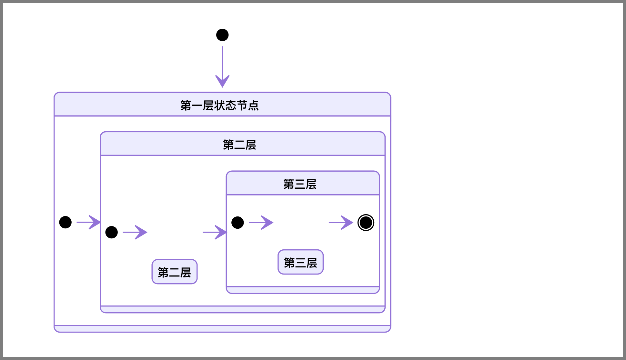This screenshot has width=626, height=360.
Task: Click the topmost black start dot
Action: (222, 35)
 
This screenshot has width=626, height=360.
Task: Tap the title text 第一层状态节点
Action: (219, 105)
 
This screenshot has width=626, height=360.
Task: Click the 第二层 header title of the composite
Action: (239, 145)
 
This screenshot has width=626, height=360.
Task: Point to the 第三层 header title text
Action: (300, 184)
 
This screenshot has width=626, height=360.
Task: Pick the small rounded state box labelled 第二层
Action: (175, 272)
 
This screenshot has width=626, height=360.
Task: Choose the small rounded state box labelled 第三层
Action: (300, 262)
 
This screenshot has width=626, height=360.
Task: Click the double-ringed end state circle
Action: (366, 223)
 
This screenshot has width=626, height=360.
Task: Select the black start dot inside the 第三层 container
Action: (237, 223)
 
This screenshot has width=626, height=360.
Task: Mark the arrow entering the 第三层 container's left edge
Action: (215, 232)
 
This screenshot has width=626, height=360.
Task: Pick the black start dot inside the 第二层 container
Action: (112, 232)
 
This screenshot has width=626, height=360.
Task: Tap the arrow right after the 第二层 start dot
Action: (135, 232)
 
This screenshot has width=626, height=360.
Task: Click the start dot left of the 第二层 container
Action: (66, 222)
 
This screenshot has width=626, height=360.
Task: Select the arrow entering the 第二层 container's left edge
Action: (89, 222)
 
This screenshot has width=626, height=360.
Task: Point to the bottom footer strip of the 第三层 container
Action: (303, 290)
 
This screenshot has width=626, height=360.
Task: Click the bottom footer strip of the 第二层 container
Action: (242, 309)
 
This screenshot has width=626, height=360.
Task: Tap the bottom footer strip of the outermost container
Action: (222, 329)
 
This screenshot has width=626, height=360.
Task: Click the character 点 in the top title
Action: (254, 105)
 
